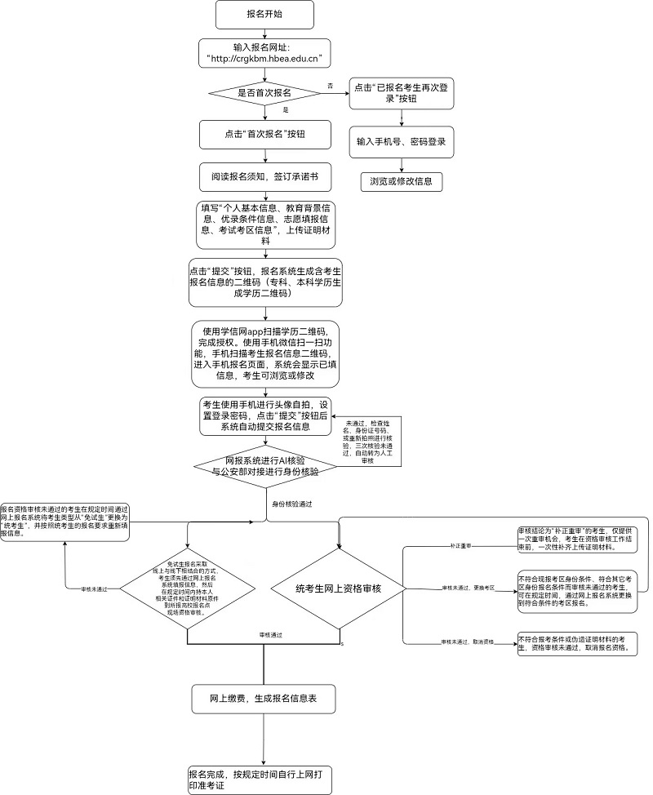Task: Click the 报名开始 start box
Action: (x=264, y=14)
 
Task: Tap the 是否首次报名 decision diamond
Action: (x=264, y=93)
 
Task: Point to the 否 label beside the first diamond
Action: (x=330, y=85)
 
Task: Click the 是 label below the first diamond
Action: (x=286, y=109)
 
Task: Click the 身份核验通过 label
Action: (x=294, y=504)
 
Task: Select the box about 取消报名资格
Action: (x=577, y=643)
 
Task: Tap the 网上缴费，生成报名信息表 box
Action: (x=264, y=700)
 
